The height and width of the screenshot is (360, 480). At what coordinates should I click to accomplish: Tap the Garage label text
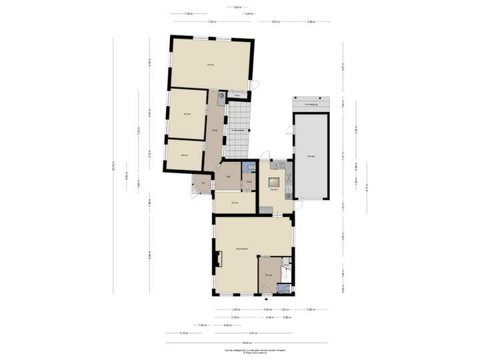pos(311,156)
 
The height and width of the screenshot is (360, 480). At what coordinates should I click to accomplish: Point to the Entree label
pos(268,275)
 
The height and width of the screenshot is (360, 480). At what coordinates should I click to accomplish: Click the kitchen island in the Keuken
pos(273,181)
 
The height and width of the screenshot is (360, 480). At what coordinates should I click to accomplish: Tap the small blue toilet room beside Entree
pos(285,288)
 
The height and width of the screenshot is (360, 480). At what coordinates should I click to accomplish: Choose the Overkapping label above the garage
pos(311,105)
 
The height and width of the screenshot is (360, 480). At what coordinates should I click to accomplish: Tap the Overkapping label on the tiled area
pos(237,130)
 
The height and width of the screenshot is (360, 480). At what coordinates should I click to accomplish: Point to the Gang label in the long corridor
pos(213,130)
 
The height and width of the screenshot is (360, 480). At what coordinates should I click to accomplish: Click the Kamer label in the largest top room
pos(211,65)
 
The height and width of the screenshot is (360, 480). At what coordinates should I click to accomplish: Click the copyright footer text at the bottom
pos(239,351)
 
